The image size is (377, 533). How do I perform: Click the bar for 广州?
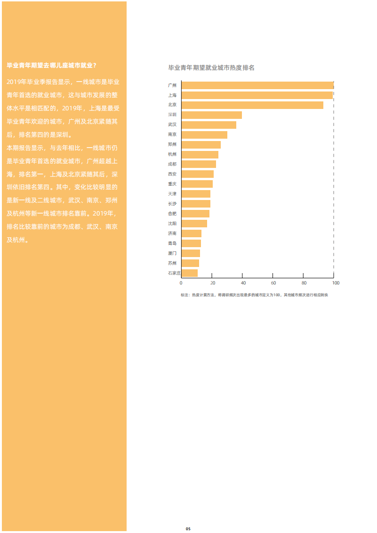click(257, 85)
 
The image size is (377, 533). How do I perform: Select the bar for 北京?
click(252, 105)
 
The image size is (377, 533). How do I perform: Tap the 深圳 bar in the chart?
click(211, 115)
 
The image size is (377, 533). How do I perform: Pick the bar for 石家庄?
click(189, 273)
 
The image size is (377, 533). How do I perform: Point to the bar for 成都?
click(199, 164)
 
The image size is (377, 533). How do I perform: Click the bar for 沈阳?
click(194, 224)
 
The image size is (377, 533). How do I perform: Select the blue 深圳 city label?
click(172, 115)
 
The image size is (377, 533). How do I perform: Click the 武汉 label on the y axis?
click(172, 125)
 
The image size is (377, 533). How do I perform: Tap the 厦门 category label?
click(172, 253)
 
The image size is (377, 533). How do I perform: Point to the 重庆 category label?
click(172, 184)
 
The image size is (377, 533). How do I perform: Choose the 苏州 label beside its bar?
click(172, 263)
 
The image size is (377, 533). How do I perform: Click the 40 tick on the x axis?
click(243, 283)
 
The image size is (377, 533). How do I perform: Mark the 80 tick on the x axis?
click(304, 283)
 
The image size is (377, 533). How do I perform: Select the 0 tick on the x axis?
click(181, 283)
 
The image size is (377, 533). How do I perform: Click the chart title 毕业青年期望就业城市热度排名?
click(211, 68)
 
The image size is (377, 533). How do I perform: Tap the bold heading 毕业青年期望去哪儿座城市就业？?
click(52, 65)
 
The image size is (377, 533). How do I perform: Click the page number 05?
click(188, 529)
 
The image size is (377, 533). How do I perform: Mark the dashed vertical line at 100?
click(334, 189)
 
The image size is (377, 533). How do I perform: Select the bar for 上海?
click(257, 95)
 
